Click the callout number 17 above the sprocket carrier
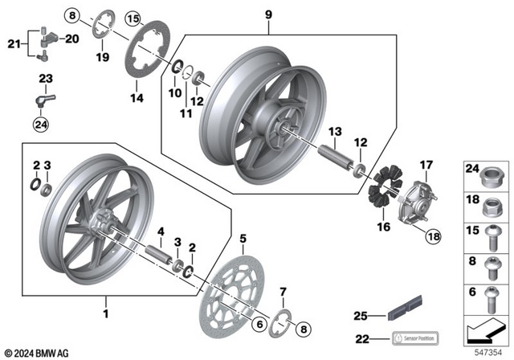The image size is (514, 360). (426, 166)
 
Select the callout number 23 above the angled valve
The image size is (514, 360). (45, 78)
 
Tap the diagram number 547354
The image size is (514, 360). (489, 351)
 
